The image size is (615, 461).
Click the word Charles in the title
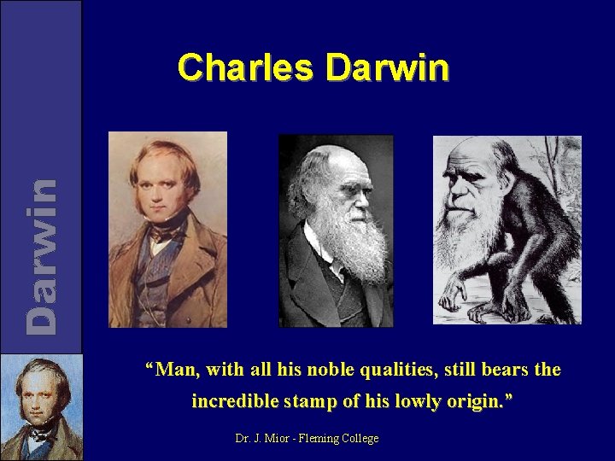click(244, 67)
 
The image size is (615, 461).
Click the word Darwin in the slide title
click(387, 67)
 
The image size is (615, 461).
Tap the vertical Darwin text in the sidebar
click(42, 255)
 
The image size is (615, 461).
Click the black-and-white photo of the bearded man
click(336, 230)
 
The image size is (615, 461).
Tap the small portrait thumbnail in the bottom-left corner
click(41, 407)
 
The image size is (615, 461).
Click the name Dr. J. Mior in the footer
click(260, 438)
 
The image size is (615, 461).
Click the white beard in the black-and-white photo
click(359, 243)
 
